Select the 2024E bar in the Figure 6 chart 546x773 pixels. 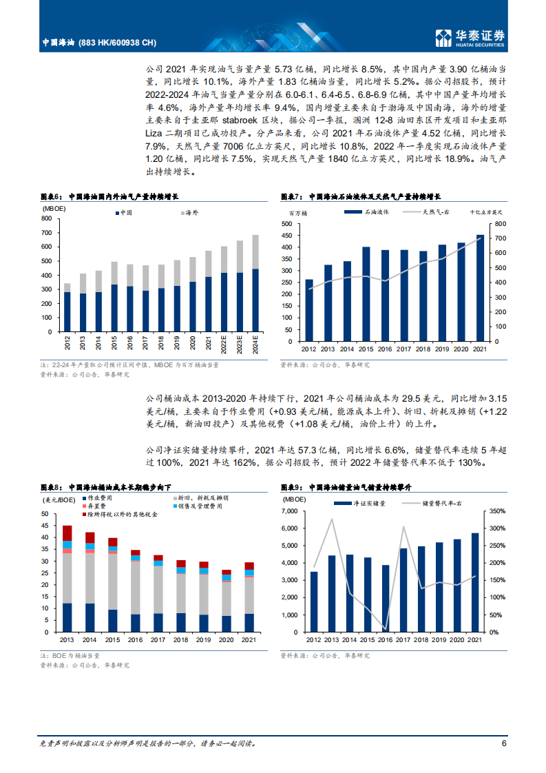255,284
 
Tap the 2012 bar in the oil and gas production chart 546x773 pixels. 67,308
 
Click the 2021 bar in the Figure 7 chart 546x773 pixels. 480,288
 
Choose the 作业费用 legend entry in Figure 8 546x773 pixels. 98,497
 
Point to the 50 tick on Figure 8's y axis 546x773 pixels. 45,514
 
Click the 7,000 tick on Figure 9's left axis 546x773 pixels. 292,511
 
